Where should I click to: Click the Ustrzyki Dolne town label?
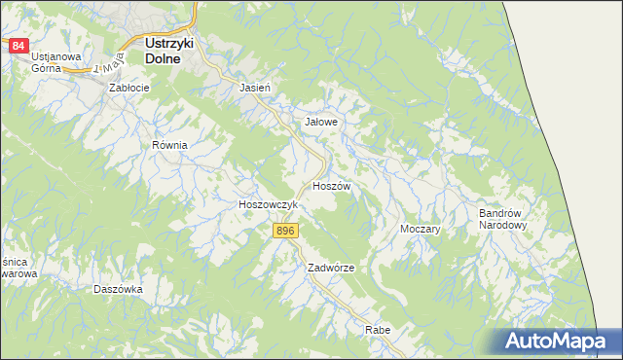tap(170, 51)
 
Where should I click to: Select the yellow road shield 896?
tap(284, 231)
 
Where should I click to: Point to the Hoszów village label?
tap(332, 185)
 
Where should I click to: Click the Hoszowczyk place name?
tap(268, 205)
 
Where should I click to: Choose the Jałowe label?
tap(321, 123)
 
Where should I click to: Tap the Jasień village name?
tap(254, 88)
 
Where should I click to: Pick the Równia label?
tap(168, 144)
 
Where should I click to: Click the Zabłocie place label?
tap(129, 88)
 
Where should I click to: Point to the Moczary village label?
tap(421, 229)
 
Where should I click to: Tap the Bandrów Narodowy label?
tap(502, 219)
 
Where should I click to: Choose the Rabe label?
tap(378, 331)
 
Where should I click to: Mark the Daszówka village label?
tap(118, 289)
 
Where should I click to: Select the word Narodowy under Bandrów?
tap(502, 225)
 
